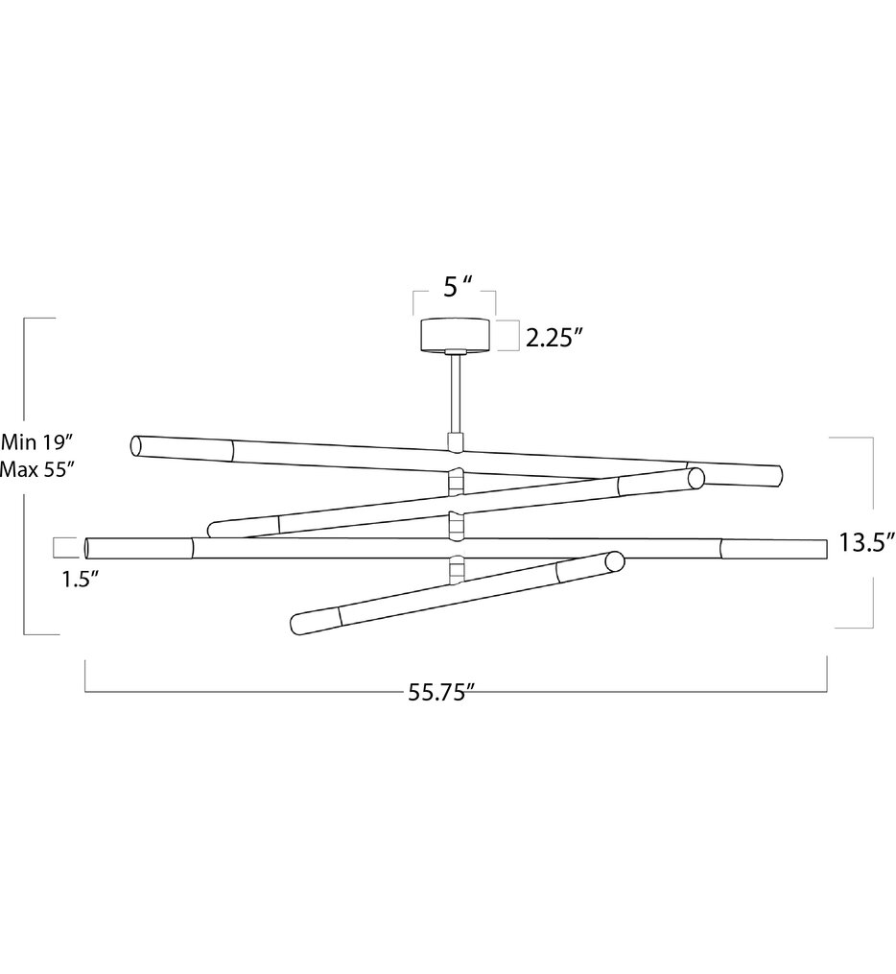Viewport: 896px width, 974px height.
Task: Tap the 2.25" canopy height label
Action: point(554,337)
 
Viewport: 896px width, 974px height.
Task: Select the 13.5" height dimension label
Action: point(865,543)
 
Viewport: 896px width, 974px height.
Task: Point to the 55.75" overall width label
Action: point(442,695)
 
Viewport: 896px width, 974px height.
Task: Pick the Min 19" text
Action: point(37,442)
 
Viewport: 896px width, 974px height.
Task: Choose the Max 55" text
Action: point(37,469)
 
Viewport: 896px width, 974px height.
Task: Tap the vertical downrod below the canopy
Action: point(455,394)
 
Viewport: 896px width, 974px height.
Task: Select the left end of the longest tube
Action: point(89,548)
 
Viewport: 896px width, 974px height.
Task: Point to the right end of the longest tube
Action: point(822,550)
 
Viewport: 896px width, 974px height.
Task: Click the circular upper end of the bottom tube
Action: point(612,561)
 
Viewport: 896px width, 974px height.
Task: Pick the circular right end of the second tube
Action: point(695,478)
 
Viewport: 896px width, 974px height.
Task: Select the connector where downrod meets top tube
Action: point(455,442)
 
